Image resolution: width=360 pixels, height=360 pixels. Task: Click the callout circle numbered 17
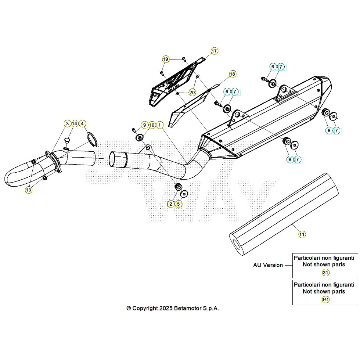pyautogui.click(x=215, y=51)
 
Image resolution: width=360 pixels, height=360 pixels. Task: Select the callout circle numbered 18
pyautogui.click(x=232, y=74)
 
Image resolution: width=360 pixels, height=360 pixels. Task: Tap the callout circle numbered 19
pyautogui.click(x=166, y=59)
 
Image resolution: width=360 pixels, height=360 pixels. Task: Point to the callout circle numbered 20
pyautogui.click(x=192, y=92)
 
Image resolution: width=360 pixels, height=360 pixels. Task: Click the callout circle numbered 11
pyautogui.click(x=302, y=234)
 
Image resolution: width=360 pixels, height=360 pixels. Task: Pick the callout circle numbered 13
pyautogui.click(x=29, y=190)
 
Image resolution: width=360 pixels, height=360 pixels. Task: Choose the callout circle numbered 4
pyautogui.click(x=82, y=123)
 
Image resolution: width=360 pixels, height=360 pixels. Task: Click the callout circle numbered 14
pyautogui.click(x=75, y=123)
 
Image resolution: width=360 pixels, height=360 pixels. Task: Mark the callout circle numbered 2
pyautogui.click(x=171, y=204)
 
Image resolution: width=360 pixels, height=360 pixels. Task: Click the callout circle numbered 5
pyautogui.click(x=179, y=204)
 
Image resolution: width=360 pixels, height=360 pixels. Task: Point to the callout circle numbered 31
pyautogui.click(x=325, y=273)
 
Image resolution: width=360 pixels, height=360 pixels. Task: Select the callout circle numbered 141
pyautogui.click(x=325, y=300)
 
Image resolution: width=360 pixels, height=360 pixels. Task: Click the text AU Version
pyautogui.click(x=268, y=265)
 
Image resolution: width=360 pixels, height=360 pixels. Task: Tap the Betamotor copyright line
pyautogui.click(x=173, y=308)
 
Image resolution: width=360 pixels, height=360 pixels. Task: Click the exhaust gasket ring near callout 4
pyautogui.click(x=92, y=140)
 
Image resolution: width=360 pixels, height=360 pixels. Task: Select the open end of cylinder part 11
pyautogui.click(x=237, y=244)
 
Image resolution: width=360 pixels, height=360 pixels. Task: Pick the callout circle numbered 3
pyautogui.click(x=68, y=123)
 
